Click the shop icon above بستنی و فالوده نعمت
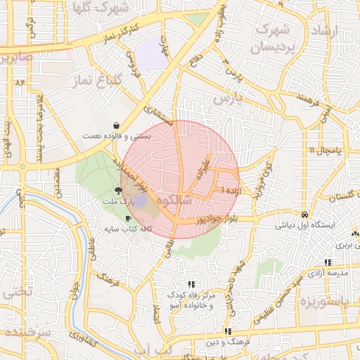[x=115, y=124]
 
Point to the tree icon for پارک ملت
[x=117, y=190]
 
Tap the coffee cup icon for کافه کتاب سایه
[x=128, y=218]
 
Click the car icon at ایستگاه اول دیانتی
[x=304, y=214]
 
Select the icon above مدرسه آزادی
[x=328, y=262]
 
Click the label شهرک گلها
[x=123, y=9]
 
